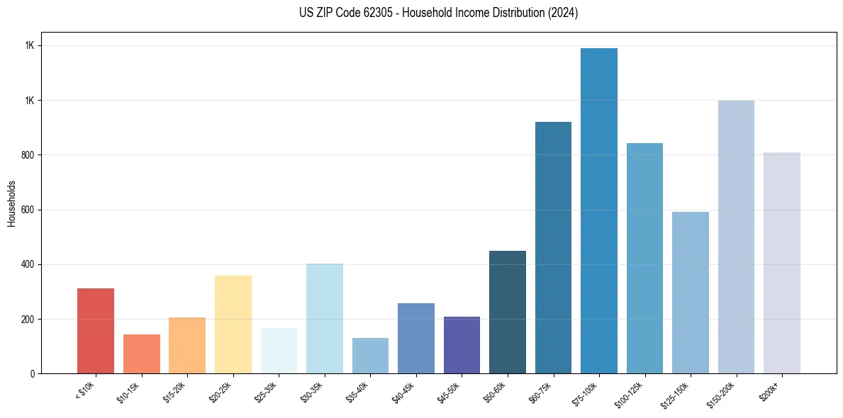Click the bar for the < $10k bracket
(x=96, y=331)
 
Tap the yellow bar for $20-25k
(x=233, y=324)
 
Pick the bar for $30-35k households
(x=325, y=319)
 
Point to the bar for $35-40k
(x=370, y=356)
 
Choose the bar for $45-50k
(x=462, y=345)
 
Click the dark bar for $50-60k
(x=508, y=312)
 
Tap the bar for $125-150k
(x=691, y=293)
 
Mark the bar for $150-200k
(x=736, y=237)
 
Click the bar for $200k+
(x=782, y=263)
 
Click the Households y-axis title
(x=11, y=203)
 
